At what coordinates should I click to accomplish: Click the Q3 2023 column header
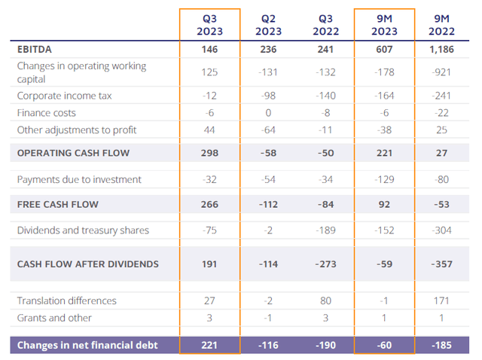[x=209, y=26]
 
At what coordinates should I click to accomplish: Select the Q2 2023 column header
[x=268, y=26]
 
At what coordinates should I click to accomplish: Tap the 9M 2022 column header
[x=442, y=26]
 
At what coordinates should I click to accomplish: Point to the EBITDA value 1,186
[x=442, y=49]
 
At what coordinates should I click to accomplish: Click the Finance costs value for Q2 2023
[x=268, y=112]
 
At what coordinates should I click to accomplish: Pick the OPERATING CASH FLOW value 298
[x=209, y=153]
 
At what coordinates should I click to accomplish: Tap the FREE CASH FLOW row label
[x=58, y=204]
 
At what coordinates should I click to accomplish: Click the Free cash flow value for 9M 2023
[x=384, y=204]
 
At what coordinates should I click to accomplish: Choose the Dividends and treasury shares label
[x=83, y=230]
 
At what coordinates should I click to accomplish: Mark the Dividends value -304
[x=442, y=230]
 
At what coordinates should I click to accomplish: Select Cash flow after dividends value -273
[x=325, y=264]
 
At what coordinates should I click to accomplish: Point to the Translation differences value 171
[x=442, y=301]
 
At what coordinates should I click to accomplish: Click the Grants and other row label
[x=53, y=317]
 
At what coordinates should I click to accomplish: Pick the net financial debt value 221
[x=209, y=345]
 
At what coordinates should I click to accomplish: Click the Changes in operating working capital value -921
[x=442, y=72]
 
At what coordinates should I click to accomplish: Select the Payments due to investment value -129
[x=384, y=180]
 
